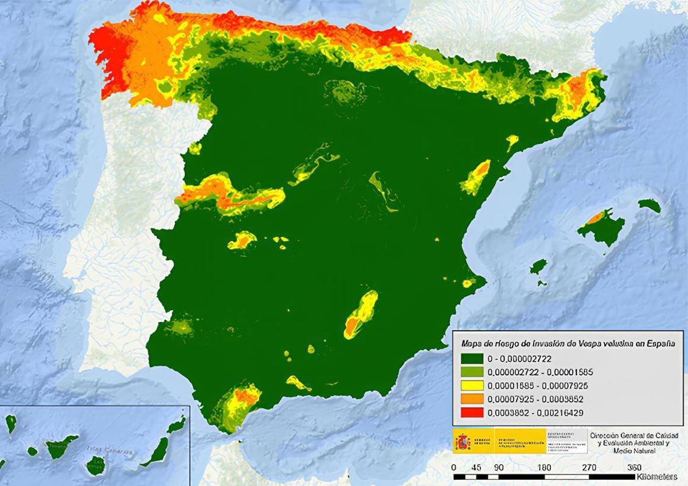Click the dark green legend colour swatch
coord(471,359)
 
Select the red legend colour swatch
coord(471,412)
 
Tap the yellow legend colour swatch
coord(471,385)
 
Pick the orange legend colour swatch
coord(471,398)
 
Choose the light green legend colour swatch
coord(471,372)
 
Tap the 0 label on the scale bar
coord(454,467)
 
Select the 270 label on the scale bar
coord(589,467)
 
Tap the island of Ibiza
coord(538,267)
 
